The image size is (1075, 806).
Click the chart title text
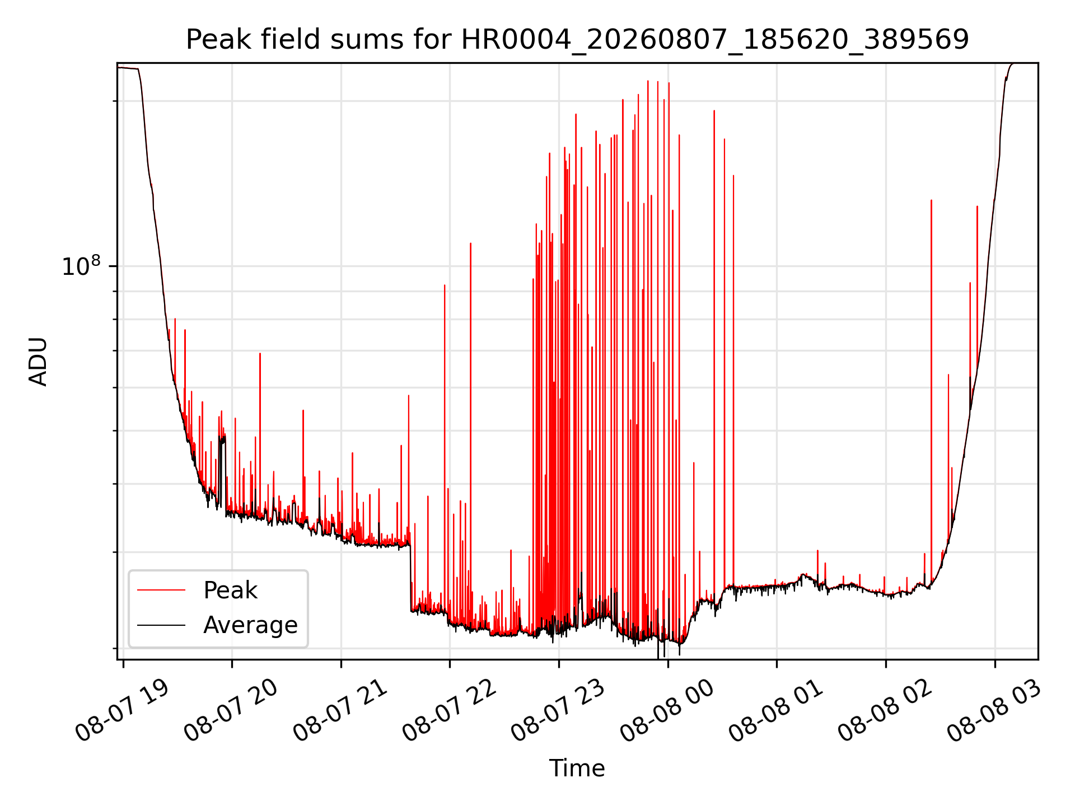click(577, 40)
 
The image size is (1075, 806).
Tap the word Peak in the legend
click(230, 591)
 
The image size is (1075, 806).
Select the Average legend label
click(250, 625)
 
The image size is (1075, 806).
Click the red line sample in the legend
click(161, 591)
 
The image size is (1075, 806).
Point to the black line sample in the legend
click(161, 625)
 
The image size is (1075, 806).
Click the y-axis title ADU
click(38, 362)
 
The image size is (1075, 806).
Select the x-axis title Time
click(577, 768)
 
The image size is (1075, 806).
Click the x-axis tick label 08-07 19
click(122, 711)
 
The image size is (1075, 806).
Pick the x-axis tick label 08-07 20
click(231, 711)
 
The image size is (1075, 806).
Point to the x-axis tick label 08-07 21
click(340, 711)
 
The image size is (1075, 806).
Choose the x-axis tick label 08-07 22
click(449, 711)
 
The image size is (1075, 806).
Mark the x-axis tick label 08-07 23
click(558, 711)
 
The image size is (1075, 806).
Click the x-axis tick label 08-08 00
click(667, 711)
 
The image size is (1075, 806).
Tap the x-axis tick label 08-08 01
click(775, 711)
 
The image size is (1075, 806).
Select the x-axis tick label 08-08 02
click(885, 711)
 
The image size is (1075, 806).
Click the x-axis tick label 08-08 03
click(994, 711)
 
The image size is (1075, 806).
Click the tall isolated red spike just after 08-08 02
click(931, 392)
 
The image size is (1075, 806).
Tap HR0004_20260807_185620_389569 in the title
click(715, 40)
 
